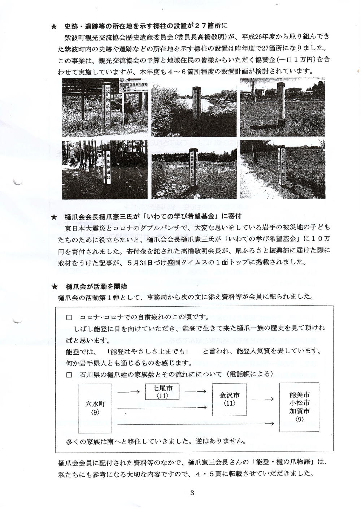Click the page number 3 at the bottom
tap(192, 493)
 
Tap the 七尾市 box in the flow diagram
tap(162, 392)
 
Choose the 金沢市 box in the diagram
tap(230, 399)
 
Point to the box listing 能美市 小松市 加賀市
tap(299, 407)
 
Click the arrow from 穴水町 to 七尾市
tap(129, 392)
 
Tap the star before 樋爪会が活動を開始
tap(54, 287)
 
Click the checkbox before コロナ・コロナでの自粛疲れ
tap(69, 318)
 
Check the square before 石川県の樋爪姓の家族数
tap(69, 375)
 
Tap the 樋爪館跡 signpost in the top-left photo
tap(107, 105)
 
